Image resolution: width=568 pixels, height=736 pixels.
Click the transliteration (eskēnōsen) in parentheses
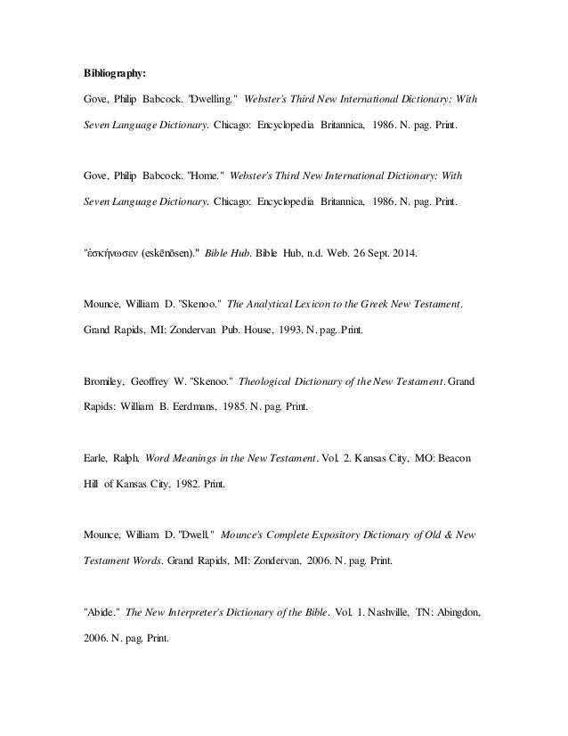[x=170, y=255]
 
